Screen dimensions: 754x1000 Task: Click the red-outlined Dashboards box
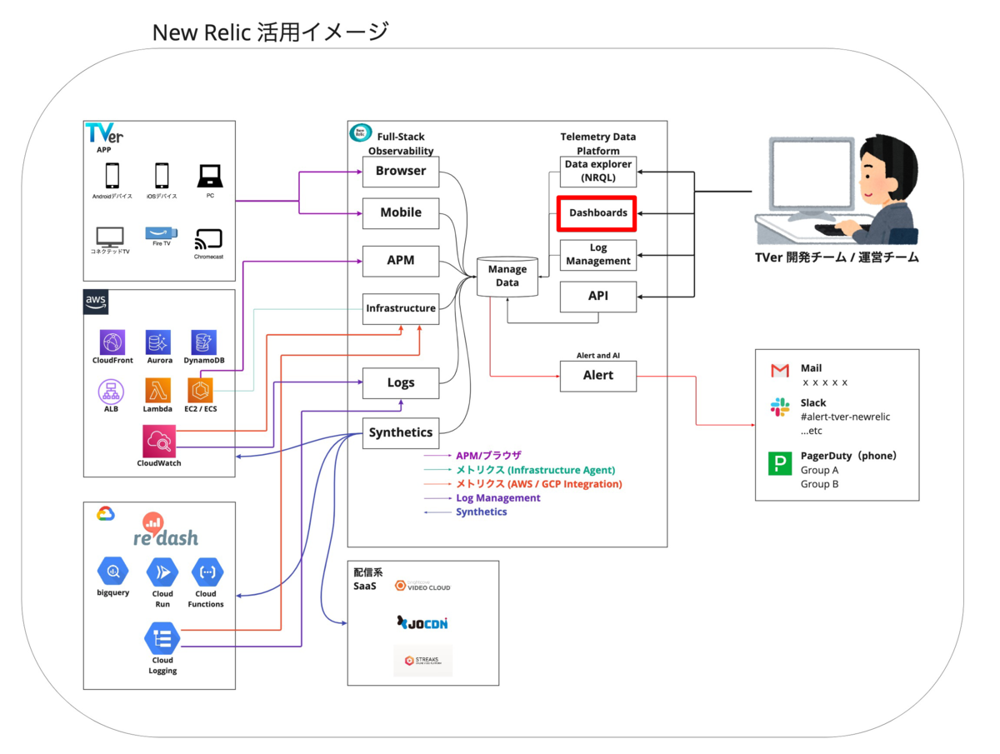[x=597, y=213]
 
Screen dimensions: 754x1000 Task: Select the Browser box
[x=401, y=172]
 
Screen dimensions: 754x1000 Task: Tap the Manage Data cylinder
[x=507, y=276]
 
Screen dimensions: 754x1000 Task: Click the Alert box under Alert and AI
[x=597, y=376]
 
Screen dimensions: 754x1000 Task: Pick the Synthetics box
[x=401, y=432]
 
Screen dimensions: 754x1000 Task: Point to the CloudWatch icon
[x=158, y=440]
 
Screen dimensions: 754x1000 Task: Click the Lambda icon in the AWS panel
[x=157, y=389]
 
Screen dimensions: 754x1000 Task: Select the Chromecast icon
[x=207, y=240]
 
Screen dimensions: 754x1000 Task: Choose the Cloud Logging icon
[x=162, y=639]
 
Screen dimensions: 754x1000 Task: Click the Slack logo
[x=780, y=407]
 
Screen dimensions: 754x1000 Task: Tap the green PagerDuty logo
[x=780, y=464]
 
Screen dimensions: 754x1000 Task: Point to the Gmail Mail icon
[x=780, y=370]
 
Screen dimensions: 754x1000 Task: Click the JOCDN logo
[x=423, y=622]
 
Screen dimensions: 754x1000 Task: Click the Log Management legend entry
[x=497, y=498]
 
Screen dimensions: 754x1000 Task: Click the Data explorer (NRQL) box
[x=597, y=171]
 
